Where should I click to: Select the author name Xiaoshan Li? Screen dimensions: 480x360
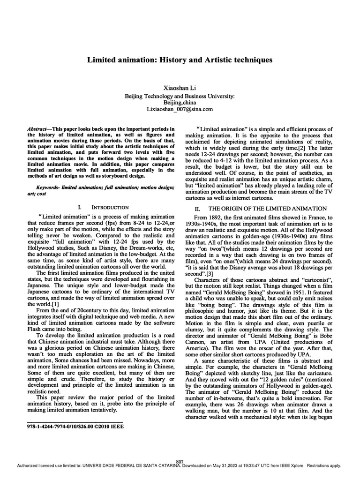[180, 88]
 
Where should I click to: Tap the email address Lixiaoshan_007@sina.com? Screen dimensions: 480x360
[180, 109]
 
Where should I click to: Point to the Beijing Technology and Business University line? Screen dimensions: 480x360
[180, 96]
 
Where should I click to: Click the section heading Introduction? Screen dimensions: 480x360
[111, 207]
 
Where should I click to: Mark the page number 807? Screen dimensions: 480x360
[180, 462]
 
